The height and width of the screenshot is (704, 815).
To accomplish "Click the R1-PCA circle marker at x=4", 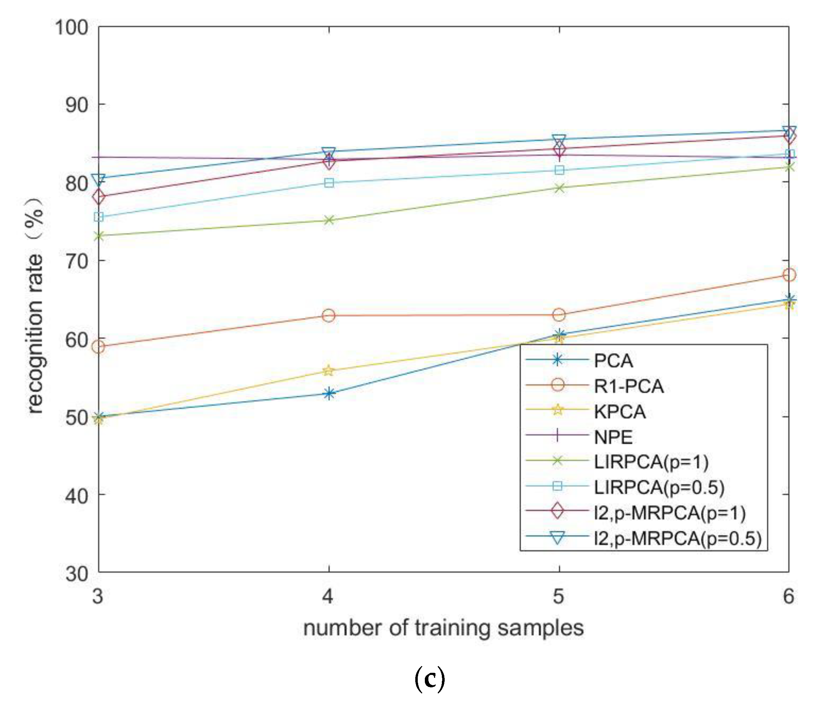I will [x=329, y=315].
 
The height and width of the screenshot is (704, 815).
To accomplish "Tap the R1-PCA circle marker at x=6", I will [x=789, y=274].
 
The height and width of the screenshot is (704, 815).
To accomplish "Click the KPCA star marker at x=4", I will [x=329, y=371].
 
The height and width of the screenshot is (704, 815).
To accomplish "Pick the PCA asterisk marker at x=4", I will [x=329, y=393].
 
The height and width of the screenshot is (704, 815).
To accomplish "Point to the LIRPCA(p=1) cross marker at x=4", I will [x=329, y=220].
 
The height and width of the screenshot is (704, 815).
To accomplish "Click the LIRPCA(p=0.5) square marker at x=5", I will [x=559, y=170].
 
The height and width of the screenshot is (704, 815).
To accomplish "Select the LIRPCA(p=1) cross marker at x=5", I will [x=559, y=188].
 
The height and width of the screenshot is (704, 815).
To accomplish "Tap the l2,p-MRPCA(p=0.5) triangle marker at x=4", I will [x=329, y=152].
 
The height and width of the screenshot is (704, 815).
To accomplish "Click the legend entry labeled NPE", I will [x=614, y=437].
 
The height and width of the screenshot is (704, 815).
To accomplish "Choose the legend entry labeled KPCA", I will [x=620, y=412].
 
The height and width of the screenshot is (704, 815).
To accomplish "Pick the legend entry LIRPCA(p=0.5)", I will [x=659, y=487].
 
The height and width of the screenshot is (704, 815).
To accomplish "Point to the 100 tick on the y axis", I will [x=71, y=28].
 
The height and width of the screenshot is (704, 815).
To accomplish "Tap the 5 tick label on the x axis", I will [x=559, y=597].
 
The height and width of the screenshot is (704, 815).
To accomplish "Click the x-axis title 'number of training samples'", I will [x=443, y=628].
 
